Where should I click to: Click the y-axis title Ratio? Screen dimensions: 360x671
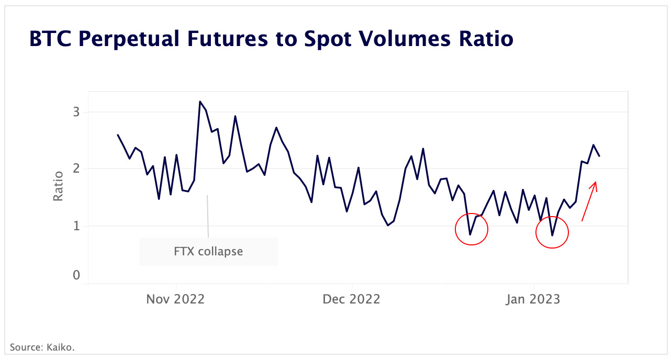point(58,186)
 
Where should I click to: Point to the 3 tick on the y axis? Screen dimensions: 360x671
point(76,112)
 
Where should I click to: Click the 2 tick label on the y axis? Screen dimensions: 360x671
point(76,169)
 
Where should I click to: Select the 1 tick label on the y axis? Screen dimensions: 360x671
point(76,226)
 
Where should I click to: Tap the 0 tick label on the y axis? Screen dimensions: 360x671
point(76,275)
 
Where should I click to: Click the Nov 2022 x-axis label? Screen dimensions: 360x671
point(175,299)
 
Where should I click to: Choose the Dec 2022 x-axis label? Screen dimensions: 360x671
point(351,299)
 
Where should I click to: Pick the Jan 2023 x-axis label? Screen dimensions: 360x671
point(533,299)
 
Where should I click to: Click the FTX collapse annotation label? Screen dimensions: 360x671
point(208,251)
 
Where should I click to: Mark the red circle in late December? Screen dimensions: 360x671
point(471,229)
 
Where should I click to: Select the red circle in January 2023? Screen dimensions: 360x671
point(552,231)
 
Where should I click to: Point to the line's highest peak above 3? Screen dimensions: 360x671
point(200,102)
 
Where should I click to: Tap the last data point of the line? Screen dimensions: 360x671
point(599,156)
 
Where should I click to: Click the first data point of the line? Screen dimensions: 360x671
point(118,135)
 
